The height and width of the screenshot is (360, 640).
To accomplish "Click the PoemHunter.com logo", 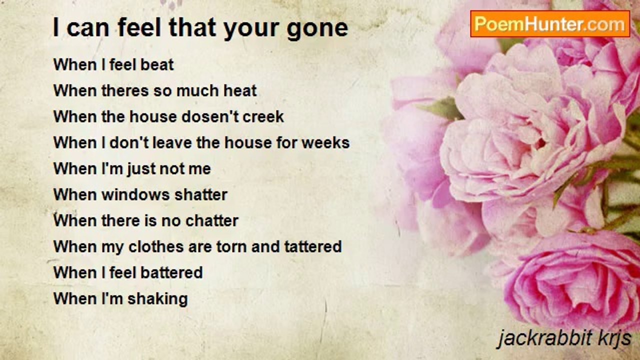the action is point(550,24).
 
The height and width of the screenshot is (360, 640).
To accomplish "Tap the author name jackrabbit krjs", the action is point(565,339).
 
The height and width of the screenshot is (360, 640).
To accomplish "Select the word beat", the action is point(157,64).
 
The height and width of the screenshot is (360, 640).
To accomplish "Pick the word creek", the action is point(263,117).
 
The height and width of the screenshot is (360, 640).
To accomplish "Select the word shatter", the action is point(201,195).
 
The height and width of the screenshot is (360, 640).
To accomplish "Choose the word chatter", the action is point(212,221).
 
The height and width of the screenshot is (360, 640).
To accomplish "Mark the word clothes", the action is point(156,247).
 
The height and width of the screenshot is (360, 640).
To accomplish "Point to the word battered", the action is point(171,273).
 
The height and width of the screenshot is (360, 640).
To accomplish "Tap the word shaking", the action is point(157,299).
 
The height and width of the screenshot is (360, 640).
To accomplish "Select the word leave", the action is point(172,143).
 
